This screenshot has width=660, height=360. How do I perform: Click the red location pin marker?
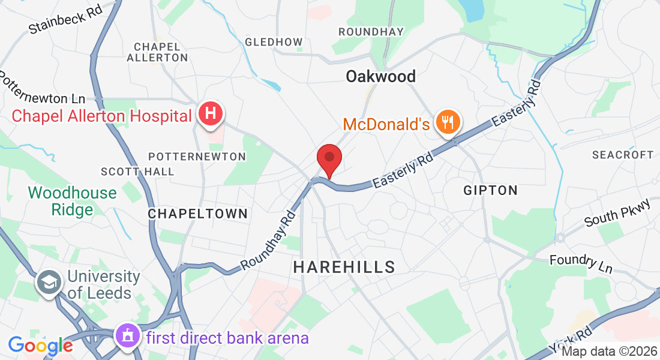point(329,158)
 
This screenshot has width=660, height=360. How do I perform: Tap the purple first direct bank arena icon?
point(128,337)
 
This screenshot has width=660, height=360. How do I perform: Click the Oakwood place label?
point(381,76)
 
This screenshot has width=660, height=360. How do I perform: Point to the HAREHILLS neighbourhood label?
point(344,267)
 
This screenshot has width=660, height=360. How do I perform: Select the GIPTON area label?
point(490,190)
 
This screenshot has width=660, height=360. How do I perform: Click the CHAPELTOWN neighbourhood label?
point(197,214)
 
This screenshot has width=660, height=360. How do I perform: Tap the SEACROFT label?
point(622,155)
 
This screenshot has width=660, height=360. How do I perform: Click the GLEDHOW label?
point(274,42)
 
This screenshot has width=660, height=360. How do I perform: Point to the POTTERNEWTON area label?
point(197,157)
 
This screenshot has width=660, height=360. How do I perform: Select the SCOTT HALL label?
point(137,172)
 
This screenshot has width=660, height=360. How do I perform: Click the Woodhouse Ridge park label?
point(73,201)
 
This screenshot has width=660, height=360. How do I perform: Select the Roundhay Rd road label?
point(268,240)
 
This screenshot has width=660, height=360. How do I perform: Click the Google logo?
point(40,346)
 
